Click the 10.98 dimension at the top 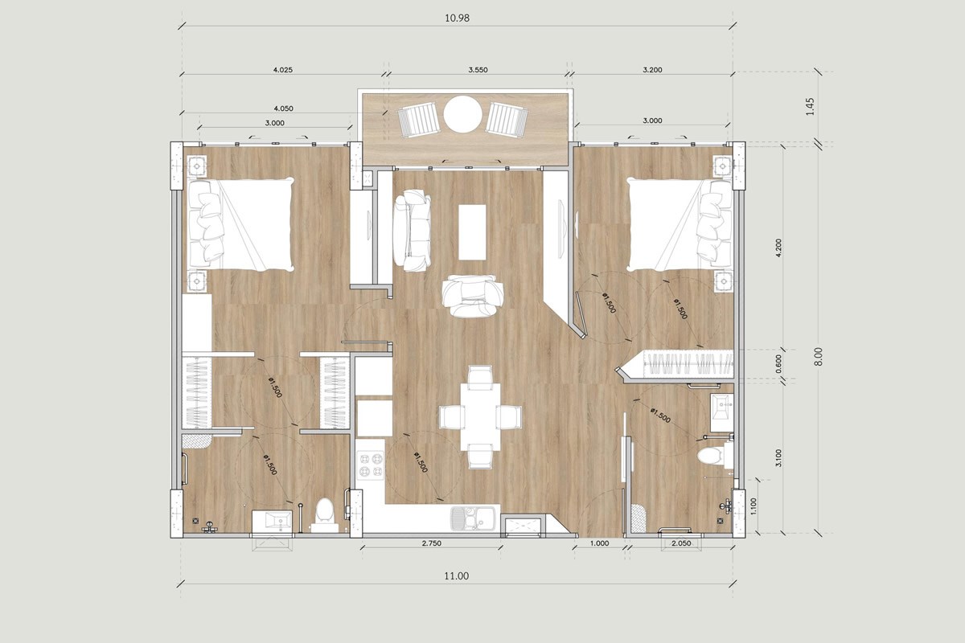pos(457,18)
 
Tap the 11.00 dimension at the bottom pos(457,576)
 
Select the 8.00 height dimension pos(818,357)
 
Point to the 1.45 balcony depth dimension pos(811,106)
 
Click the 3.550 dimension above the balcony pos(478,70)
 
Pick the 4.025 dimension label pos(282,70)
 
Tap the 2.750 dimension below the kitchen pos(431,543)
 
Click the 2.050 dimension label pos(681,543)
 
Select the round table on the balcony pos(462,114)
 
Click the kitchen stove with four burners pos(370,465)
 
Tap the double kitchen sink pos(473,518)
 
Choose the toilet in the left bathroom pos(324,515)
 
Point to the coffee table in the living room pos(472,232)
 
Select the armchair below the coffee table pos(473,296)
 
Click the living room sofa pos(412,231)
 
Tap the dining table pos(480,417)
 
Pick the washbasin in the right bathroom pos(721,412)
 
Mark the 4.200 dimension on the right pos(778,248)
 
